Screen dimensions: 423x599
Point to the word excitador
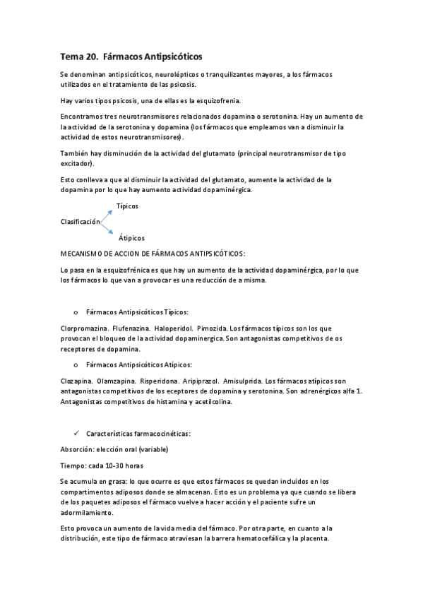76,163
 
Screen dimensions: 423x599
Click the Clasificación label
78,221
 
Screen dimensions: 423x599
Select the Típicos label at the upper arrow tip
127,206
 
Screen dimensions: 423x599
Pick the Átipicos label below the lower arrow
129,238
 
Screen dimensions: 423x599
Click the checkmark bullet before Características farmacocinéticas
76,433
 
